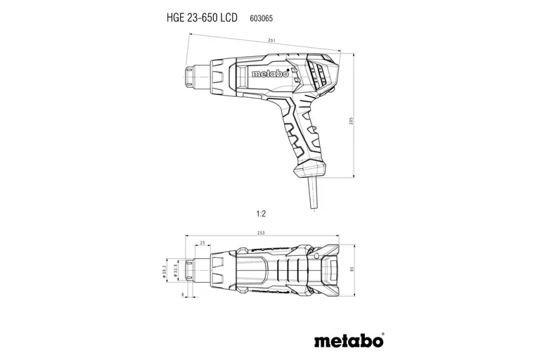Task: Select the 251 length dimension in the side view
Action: pos(271,42)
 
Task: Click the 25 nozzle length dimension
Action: pos(203,243)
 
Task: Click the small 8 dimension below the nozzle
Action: pos(183,295)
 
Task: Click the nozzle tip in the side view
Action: pos(191,74)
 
